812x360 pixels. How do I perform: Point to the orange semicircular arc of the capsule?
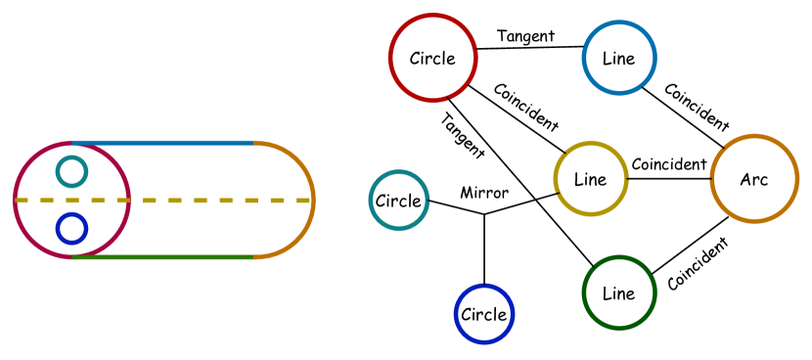(296, 159)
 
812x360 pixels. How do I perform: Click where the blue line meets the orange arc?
(255, 143)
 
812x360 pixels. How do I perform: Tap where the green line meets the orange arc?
(255, 257)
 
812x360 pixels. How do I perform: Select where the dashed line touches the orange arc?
(313, 201)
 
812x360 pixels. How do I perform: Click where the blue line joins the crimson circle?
(72, 143)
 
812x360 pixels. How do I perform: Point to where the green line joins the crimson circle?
(72, 257)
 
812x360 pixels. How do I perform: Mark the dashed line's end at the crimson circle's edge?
(15, 201)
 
